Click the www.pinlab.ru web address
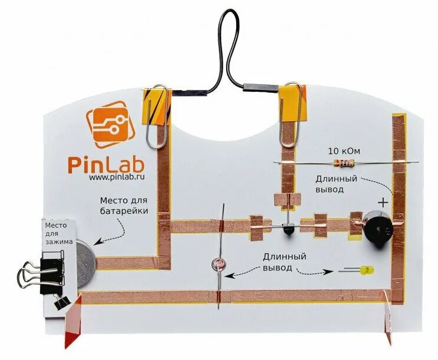click(117, 176)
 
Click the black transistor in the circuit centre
click(288, 229)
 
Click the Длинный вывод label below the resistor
click(337, 184)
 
